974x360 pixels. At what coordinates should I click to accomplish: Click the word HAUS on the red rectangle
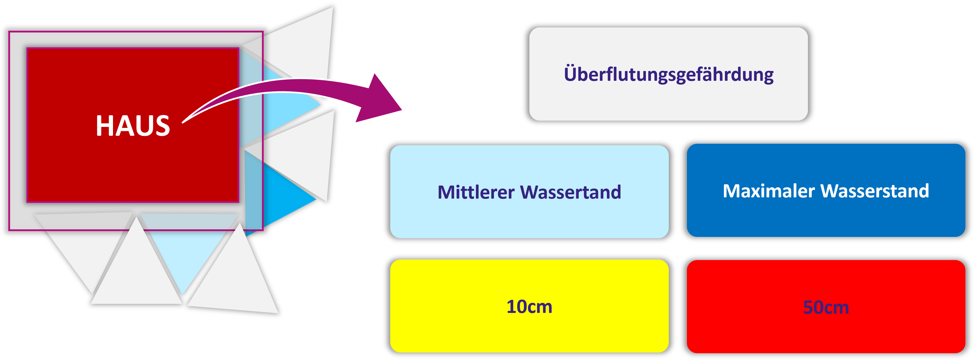[x=133, y=126]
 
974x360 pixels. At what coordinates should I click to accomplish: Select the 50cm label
[x=826, y=307]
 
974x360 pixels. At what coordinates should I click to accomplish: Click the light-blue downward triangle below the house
[x=185, y=257]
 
